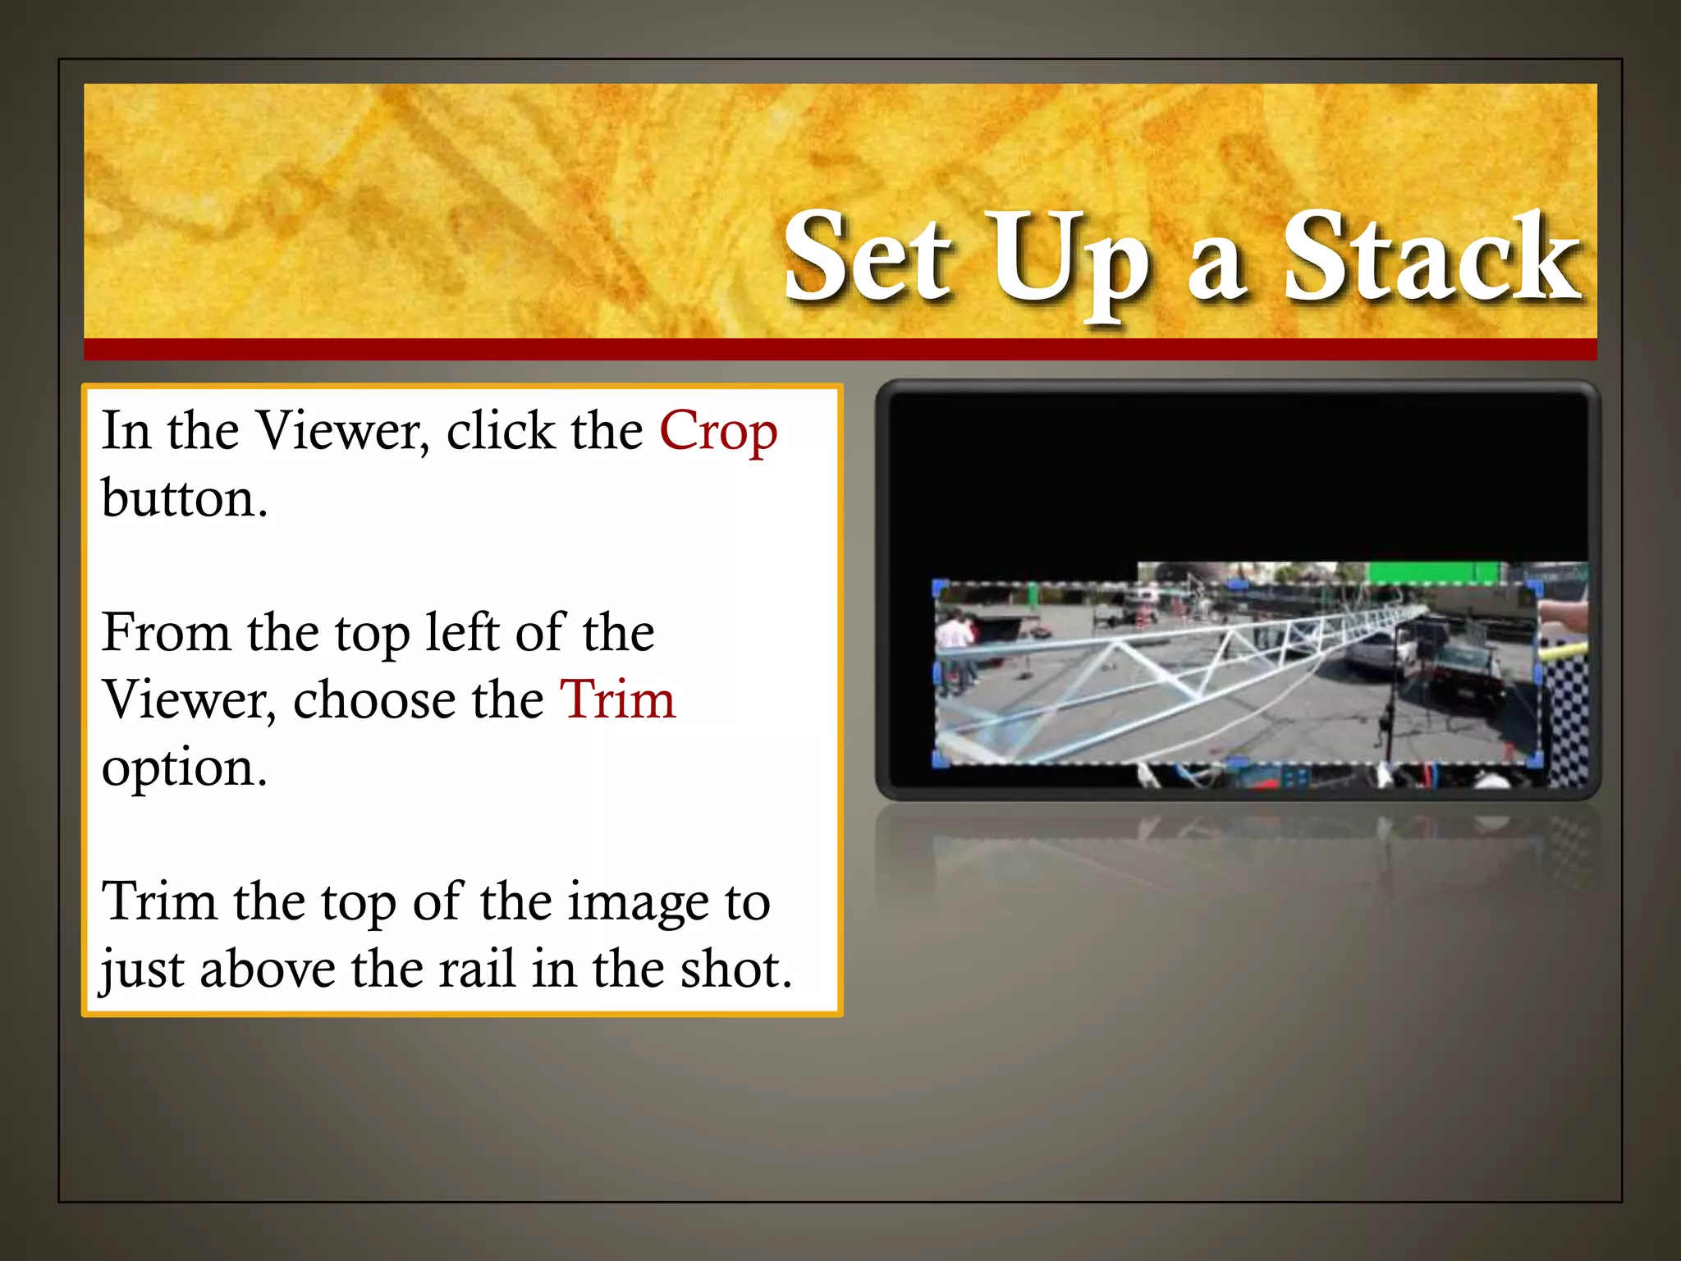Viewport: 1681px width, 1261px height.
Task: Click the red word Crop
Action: pos(718,432)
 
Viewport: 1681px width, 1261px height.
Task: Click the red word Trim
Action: pos(617,700)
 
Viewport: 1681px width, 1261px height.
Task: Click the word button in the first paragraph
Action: pos(184,498)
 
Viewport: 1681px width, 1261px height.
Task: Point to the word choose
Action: pos(418,700)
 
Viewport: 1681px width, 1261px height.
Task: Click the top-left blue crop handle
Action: pos(941,588)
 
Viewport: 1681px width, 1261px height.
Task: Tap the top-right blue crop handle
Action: pos(1533,589)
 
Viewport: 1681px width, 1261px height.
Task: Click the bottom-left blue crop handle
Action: pos(941,759)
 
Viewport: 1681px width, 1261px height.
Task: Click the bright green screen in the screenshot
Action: pos(1432,572)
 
